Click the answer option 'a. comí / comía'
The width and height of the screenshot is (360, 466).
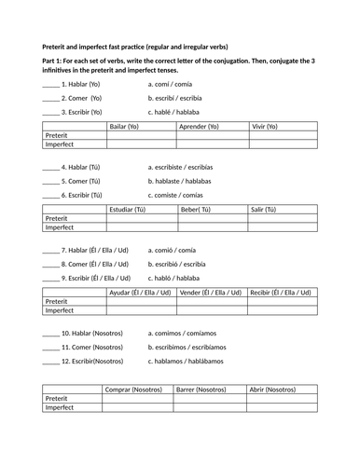[176, 84]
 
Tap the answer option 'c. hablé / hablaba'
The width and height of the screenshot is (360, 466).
[183, 111]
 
